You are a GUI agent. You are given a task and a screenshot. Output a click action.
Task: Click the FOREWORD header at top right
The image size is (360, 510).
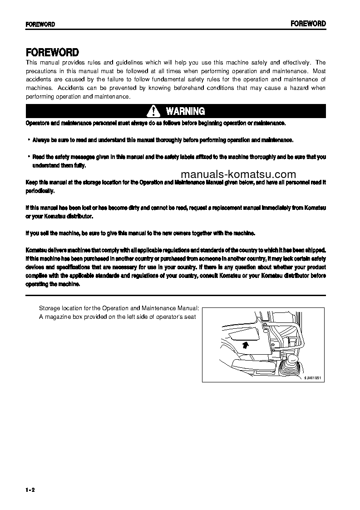click(308, 24)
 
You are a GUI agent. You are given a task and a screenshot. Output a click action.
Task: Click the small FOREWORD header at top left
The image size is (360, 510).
click(40, 25)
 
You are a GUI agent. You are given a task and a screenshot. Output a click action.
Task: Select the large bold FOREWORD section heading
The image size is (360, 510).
click(52, 52)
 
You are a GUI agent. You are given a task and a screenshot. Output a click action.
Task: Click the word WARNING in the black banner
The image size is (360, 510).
click(185, 111)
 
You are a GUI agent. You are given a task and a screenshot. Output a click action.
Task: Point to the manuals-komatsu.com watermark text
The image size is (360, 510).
click(244, 174)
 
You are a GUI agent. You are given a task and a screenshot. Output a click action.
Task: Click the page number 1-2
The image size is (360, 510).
click(30, 489)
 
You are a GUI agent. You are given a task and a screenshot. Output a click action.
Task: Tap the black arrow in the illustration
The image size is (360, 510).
click(246, 345)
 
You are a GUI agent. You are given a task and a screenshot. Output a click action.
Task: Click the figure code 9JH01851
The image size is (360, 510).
click(312, 377)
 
